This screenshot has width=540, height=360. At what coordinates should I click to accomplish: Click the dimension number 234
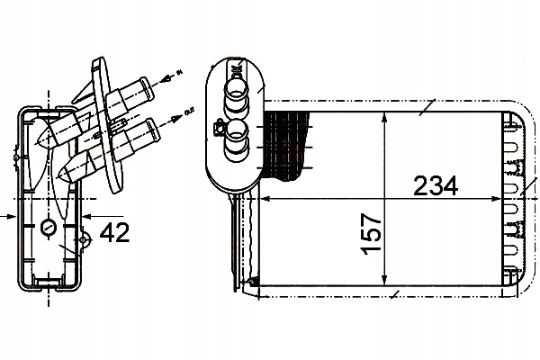[436, 186]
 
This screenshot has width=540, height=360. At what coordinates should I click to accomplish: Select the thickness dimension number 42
[113, 233]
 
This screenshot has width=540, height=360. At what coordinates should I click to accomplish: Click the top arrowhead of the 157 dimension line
[384, 116]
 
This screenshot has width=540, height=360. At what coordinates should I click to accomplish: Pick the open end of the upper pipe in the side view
[143, 87]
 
